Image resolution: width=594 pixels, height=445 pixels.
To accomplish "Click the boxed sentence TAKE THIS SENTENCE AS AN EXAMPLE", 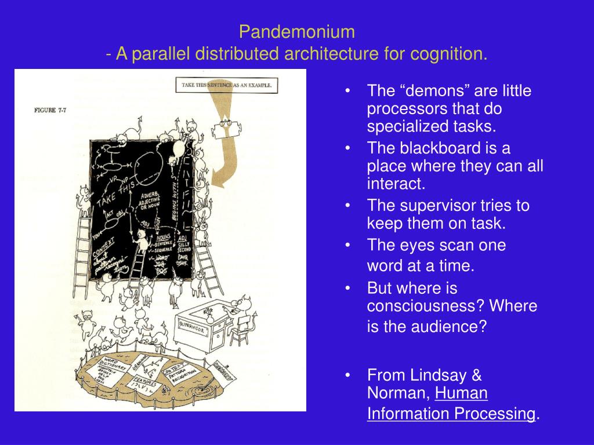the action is pyautogui.click(x=228, y=85).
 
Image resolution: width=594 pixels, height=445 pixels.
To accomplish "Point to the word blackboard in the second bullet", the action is pyautogui.click(x=430, y=148).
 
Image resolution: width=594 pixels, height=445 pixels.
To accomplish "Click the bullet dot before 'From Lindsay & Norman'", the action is pyautogui.click(x=347, y=375).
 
